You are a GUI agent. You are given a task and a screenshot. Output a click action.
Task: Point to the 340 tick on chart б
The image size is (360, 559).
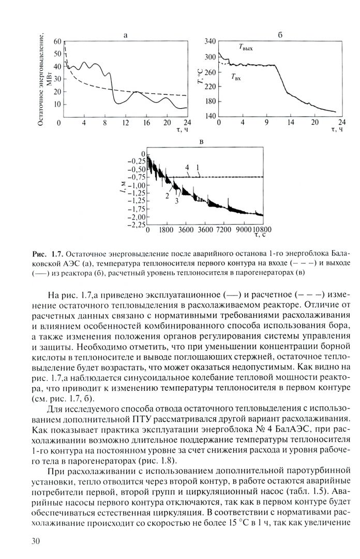tap(208, 41)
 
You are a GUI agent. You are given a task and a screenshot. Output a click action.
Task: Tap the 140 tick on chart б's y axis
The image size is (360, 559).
tap(208, 116)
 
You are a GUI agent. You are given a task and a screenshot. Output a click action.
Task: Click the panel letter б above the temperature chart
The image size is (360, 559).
tap(280, 35)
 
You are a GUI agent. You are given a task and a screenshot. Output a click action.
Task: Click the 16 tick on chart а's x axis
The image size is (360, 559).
tap(147, 122)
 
